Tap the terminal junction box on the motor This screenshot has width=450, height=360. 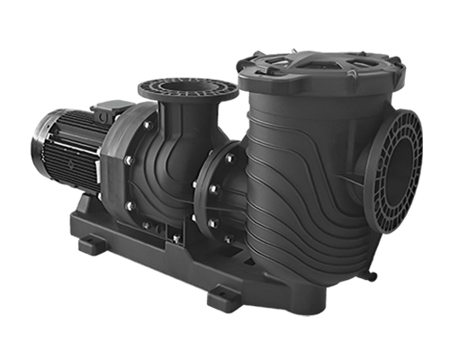tap(105, 111)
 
